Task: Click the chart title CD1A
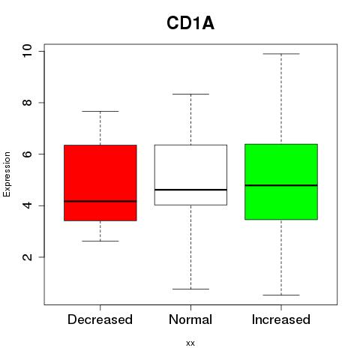click(x=190, y=23)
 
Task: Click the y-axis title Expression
click(x=7, y=174)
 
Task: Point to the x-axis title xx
click(x=190, y=343)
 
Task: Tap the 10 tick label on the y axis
click(x=27, y=51)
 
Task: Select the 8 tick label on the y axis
click(x=27, y=103)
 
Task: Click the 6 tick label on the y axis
click(x=27, y=154)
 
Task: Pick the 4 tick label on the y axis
click(x=27, y=205)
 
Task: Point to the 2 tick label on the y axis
click(x=27, y=257)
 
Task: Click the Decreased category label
click(x=100, y=319)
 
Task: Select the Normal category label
click(x=190, y=319)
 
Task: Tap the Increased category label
click(x=281, y=319)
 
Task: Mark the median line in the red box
click(x=100, y=201)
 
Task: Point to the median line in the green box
click(x=281, y=185)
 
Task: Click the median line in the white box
click(x=190, y=190)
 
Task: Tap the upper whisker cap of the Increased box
click(x=281, y=54)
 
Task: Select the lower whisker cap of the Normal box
click(x=190, y=289)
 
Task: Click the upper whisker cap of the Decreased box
click(x=100, y=111)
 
